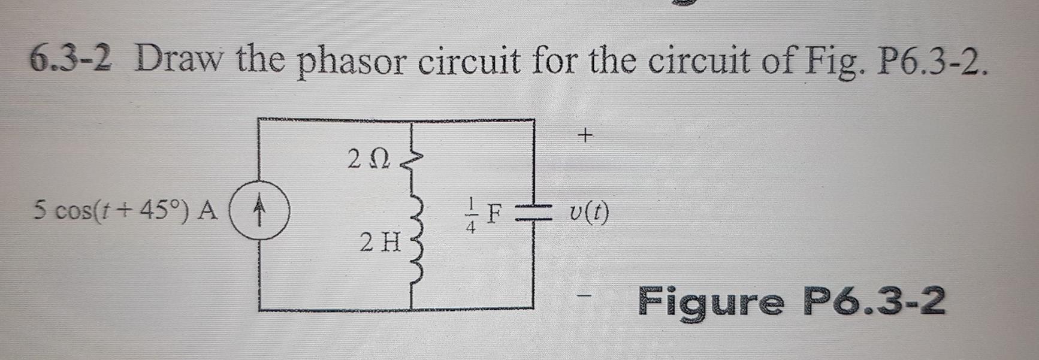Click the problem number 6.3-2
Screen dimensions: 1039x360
tap(71, 61)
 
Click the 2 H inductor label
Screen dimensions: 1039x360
tap(380, 243)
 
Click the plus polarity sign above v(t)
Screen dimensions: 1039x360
tap(585, 136)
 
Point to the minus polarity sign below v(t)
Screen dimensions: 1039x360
tap(584, 295)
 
